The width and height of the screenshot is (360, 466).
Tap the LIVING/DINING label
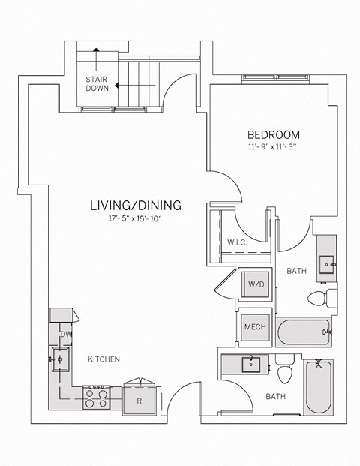coord(136,204)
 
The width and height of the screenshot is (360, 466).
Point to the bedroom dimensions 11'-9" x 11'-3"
coord(271,147)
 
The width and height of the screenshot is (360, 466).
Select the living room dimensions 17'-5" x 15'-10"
coord(136,218)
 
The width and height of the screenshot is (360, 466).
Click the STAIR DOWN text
coord(97,83)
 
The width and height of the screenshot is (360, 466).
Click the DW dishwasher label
coord(66,334)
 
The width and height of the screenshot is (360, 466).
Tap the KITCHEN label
coord(103,359)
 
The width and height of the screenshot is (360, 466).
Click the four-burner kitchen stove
coord(97,396)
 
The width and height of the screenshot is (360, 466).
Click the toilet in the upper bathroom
coord(318,298)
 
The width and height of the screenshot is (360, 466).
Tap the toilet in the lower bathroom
coord(284,373)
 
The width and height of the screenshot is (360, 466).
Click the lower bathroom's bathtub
coord(319,386)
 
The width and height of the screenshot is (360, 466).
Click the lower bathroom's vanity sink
coord(250,364)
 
